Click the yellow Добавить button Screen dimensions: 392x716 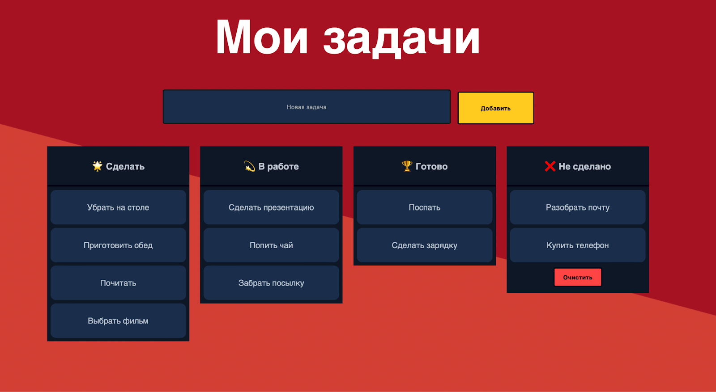pyautogui.click(x=495, y=108)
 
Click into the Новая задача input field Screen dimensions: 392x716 pyautogui.click(x=307, y=107)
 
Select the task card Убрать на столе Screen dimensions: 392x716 pyautogui.click(x=118, y=207)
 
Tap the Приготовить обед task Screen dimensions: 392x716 pyautogui.click(x=118, y=245)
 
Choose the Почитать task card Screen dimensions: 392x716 pyautogui.click(x=118, y=283)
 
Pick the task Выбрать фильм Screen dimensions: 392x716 pyautogui.click(x=118, y=321)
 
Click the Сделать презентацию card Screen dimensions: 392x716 pyautogui.click(x=271, y=207)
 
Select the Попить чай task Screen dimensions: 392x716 pyautogui.click(x=271, y=245)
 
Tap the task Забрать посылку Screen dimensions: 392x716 pyautogui.click(x=271, y=283)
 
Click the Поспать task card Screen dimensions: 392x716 pyautogui.click(x=424, y=207)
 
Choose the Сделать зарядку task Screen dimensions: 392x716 pyautogui.click(x=424, y=245)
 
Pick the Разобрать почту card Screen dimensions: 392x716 pyautogui.click(x=577, y=207)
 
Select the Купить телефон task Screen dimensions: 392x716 pyautogui.click(x=577, y=245)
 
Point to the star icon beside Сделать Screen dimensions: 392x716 pyautogui.click(x=97, y=166)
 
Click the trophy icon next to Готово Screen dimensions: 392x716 pyautogui.click(x=407, y=166)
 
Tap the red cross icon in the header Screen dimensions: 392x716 pyautogui.click(x=550, y=166)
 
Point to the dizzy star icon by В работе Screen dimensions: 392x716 pyautogui.click(x=249, y=166)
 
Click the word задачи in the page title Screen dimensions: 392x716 pyautogui.click(x=401, y=39)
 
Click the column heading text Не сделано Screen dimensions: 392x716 pyautogui.click(x=584, y=166)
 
